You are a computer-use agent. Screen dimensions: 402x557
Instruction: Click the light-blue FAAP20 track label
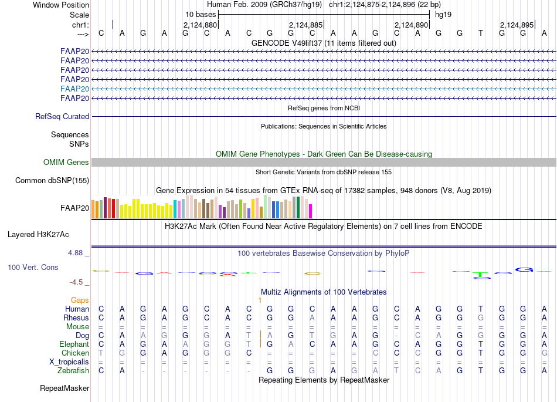pos(74,89)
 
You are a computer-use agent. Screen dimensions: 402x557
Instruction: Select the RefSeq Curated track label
pos(62,116)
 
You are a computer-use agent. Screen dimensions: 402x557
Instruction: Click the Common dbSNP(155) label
pos(52,180)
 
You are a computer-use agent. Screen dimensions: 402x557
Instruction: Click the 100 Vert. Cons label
pos(33,267)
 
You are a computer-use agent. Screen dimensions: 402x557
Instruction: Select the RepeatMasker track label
pos(64,388)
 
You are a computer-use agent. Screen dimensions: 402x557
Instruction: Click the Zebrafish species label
pos(73,370)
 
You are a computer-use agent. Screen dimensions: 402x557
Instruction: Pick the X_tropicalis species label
pos(69,362)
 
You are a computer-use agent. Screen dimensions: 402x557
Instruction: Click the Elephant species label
pos(74,344)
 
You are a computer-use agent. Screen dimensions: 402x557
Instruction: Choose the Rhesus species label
pos(76,317)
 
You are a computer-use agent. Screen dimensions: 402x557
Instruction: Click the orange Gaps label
pos(80,300)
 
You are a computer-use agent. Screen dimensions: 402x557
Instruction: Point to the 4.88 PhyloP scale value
pos(76,253)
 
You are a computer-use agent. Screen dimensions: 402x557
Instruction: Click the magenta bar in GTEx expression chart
pos(311,211)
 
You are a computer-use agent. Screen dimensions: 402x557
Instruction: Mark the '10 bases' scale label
pos(201,14)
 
